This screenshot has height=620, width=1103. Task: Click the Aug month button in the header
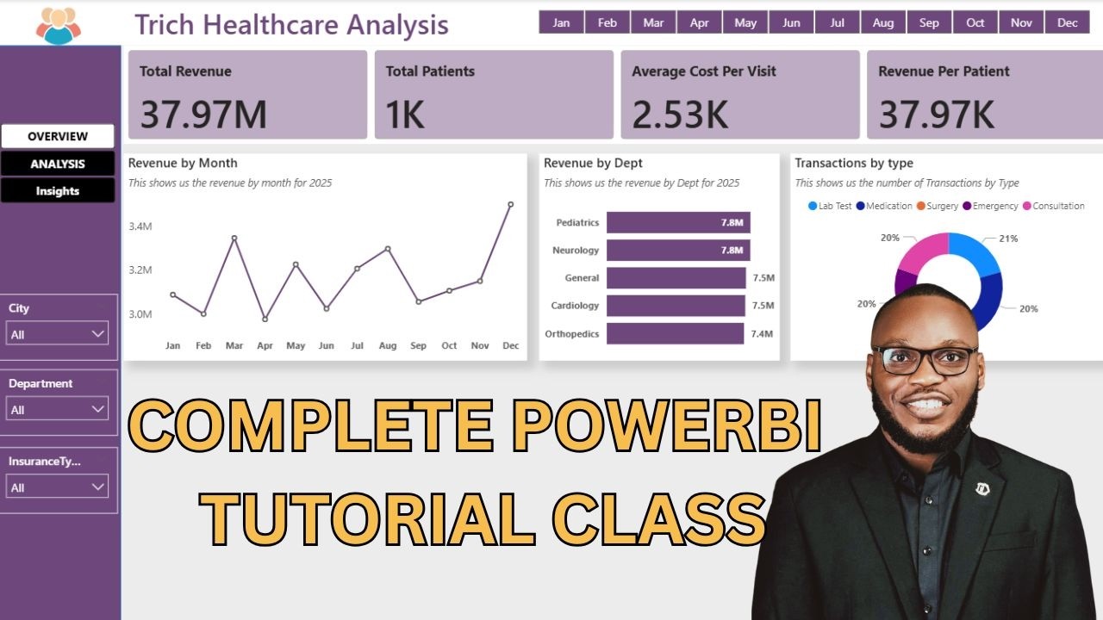click(882, 22)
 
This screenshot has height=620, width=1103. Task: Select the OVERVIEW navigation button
click(58, 136)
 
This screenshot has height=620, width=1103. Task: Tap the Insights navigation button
click(58, 191)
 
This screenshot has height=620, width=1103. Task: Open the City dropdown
click(58, 333)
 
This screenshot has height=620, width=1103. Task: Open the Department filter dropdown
click(58, 409)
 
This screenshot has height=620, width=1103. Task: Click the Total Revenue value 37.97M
click(203, 115)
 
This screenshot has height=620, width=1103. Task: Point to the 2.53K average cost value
click(680, 115)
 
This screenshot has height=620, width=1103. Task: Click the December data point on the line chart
click(511, 205)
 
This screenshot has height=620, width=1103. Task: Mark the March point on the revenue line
click(234, 238)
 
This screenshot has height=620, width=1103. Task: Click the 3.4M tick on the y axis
click(140, 226)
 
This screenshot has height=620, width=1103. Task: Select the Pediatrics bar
click(678, 223)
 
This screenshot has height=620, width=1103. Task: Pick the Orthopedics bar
click(675, 333)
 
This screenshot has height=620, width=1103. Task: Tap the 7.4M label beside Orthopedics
click(762, 333)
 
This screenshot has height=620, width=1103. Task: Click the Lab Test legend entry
click(830, 207)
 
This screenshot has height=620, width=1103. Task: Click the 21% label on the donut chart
click(1008, 239)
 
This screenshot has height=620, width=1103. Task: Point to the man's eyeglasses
click(925, 360)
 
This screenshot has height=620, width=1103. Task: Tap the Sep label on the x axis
click(418, 345)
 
